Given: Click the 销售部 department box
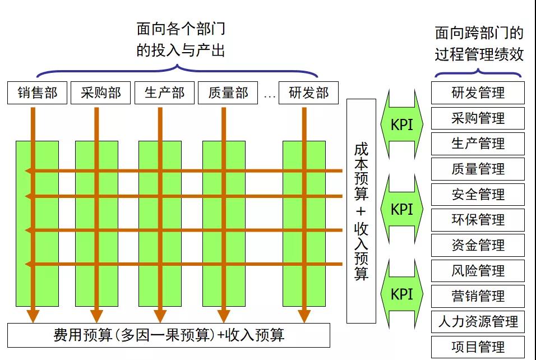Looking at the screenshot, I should pos(37,93).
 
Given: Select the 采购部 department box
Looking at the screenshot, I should pos(100,93).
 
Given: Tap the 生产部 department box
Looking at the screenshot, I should pos(164,93).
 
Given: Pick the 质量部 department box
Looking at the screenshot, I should pos(228,93).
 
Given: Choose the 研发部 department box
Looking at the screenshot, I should pos(309,93).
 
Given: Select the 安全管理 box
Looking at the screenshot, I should pos(478,195).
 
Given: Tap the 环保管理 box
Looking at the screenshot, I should pos(478,220).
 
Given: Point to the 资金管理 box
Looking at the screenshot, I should pos(478,246).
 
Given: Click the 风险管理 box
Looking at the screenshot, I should pos(478,271).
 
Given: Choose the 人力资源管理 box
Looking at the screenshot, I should pos(478,322).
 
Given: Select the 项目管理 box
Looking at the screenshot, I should pos(478,347).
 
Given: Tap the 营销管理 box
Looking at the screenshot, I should pos(478,296).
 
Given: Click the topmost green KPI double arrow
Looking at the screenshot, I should pos(401,124).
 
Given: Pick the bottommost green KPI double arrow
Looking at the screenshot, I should pos(401,294).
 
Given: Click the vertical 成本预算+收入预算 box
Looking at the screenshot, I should pos(361,211).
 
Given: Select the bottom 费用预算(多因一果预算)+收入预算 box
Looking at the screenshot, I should pos(169,335).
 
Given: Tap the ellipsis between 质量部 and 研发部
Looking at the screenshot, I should pos(270,95).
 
